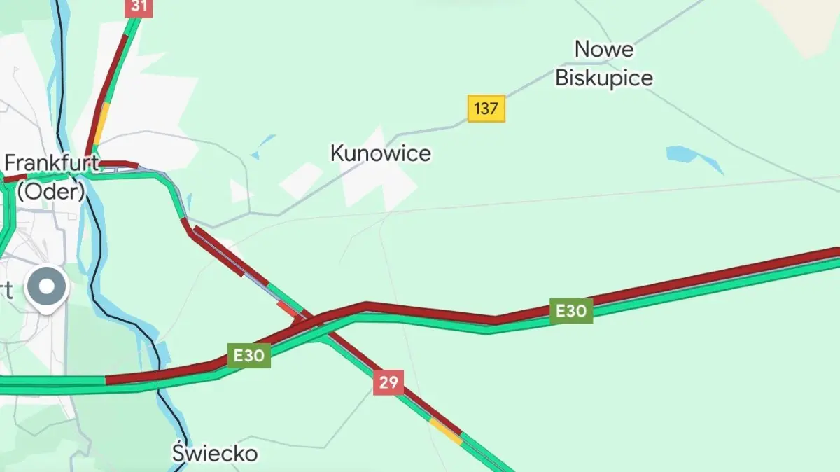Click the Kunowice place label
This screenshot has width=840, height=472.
click(380, 153)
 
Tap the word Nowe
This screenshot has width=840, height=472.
click(603, 49)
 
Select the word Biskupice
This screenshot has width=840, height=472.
click(603, 77)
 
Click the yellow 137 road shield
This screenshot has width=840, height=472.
click(486, 109)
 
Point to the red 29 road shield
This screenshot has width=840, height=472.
click(388, 382)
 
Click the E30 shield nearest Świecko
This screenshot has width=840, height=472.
click(248, 355)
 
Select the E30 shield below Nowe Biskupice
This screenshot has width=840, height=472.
click(571, 310)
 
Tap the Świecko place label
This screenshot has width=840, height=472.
click(215, 453)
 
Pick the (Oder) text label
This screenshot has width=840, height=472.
click(50, 191)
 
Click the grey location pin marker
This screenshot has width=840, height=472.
click(47, 286)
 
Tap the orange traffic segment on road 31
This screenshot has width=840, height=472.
click(101, 124)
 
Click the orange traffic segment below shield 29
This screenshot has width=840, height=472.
click(446, 431)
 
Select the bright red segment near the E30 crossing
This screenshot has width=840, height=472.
click(287, 308)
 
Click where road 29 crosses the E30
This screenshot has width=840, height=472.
click(308, 321)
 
